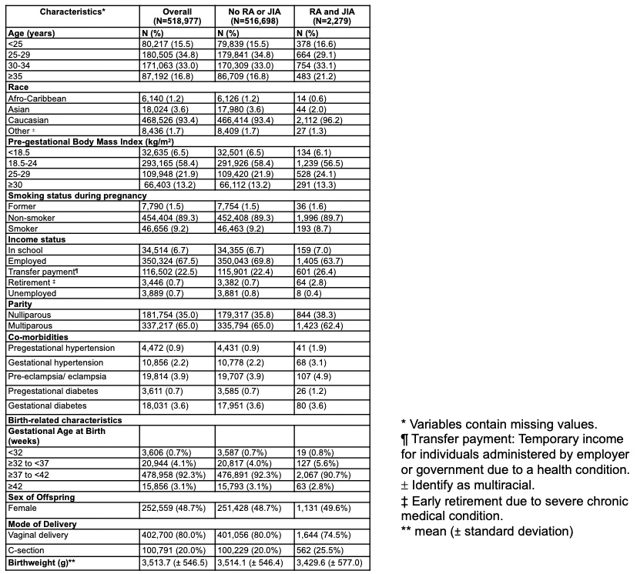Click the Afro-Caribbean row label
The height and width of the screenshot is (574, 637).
(39, 99)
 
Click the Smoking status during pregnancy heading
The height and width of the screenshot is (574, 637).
(77, 195)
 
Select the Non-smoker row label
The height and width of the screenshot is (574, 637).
(32, 217)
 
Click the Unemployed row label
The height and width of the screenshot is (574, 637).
(33, 293)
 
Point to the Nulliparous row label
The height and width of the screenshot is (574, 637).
(32, 315)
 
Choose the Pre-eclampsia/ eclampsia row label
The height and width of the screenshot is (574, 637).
(56, 376)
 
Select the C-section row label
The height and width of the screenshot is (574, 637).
(29, 552)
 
